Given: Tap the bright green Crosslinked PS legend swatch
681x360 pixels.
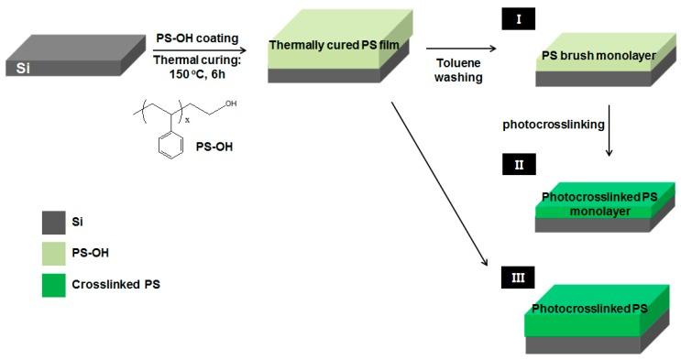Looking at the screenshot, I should point(53,285).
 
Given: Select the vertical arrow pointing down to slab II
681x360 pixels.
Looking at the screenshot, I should point(610,124).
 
